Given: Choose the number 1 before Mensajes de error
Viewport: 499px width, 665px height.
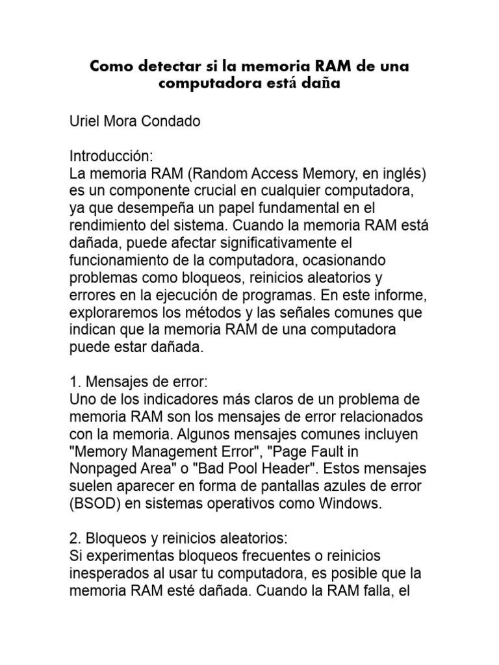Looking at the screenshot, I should [73, 381].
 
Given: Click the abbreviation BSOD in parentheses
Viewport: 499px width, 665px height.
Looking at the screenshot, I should [94, 503].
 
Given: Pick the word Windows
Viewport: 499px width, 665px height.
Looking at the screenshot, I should [350, 503].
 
